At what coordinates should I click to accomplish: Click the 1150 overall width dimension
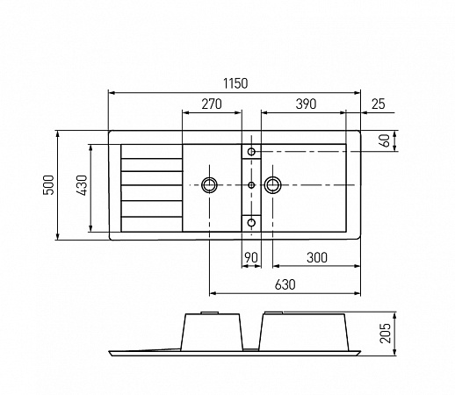point(235,83)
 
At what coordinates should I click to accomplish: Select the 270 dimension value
point(212,104)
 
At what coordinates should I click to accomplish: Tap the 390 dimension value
point(306,104)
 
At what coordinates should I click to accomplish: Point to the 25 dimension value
point(378,104)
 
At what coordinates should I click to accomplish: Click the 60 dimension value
point(386,140)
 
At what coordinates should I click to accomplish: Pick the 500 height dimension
point(49,185)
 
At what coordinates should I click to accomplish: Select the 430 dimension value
point(82,185)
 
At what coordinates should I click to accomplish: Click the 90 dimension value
point(251,257)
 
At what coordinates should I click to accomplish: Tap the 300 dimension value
point(317,257)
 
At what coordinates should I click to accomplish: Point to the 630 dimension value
point(285,284)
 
